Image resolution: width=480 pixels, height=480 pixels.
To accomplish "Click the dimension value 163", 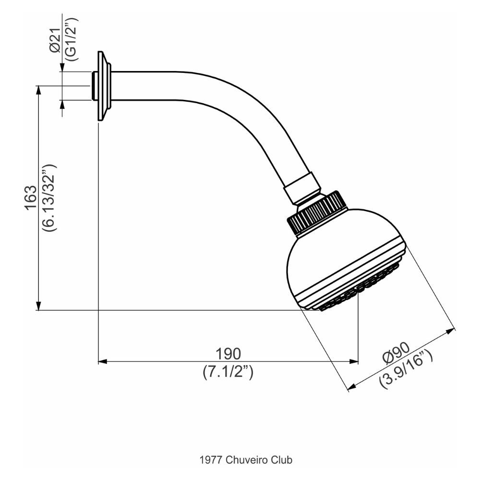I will point(31,197).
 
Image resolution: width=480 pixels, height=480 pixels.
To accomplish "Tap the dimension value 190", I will point(228,354).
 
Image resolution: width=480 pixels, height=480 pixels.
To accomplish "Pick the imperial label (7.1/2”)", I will point(228,372).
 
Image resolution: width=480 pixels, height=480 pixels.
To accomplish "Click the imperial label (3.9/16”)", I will point(407,369).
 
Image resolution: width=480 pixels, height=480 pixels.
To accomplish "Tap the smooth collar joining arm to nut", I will point(301,188).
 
